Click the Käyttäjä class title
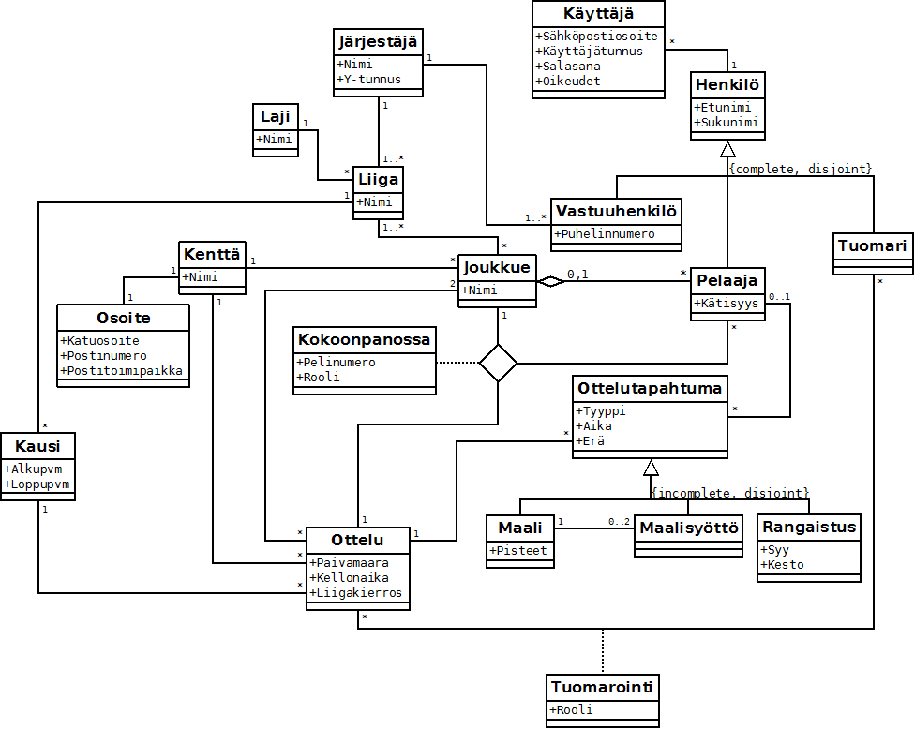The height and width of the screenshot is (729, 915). click(598, 13)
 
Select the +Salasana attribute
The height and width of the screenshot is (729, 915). click(568, 66)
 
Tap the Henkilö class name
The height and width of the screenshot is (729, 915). click(727, 85)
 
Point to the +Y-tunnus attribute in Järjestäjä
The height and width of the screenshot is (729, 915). click(368, 80)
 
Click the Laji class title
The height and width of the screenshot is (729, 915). click(276, 116)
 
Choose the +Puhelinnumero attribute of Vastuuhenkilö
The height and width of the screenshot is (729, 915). click(605, 234)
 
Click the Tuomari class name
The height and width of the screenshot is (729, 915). click(873, 245)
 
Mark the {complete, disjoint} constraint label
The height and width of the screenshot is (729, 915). click(801, 169)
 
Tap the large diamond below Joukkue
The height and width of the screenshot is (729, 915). click(498, 364)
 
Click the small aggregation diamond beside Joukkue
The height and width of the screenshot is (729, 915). click(551, 282)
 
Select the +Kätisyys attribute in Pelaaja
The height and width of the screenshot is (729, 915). click(726, 304)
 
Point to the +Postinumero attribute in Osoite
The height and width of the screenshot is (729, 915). click(103, 356)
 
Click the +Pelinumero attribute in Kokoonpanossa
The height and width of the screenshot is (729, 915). click(336, 363)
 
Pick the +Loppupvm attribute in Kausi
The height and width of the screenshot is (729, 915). click(37, 484)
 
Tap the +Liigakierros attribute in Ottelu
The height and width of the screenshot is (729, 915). click(355, 593)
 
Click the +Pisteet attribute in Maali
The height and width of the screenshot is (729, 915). click(518, 551)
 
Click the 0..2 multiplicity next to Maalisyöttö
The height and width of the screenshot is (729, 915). click(619, 521)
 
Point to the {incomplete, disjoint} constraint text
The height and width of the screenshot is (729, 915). click(730, 494)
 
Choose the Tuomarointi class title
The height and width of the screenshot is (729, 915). click(602, 687)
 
